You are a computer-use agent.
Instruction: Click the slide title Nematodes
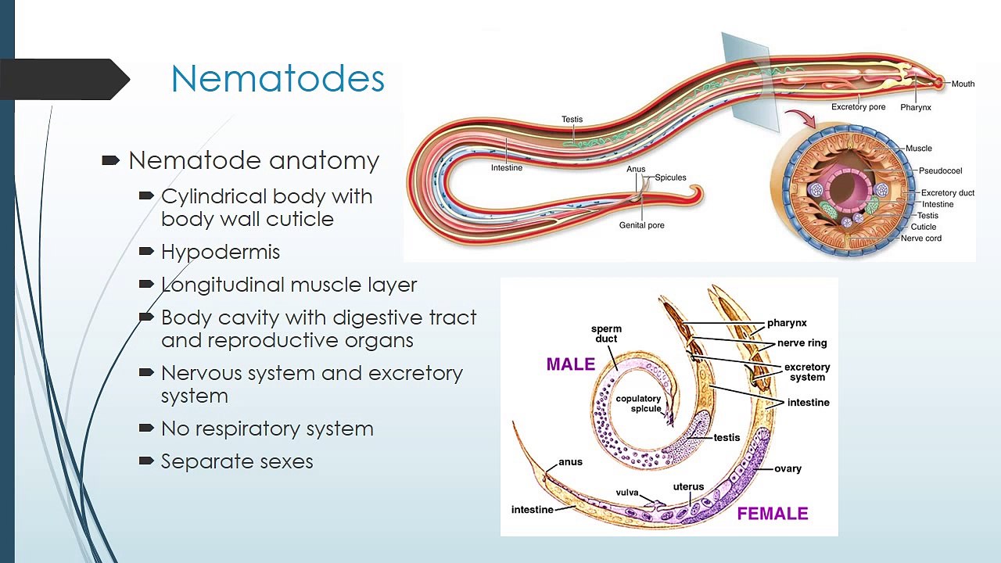[278, 78]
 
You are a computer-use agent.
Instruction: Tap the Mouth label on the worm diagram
[963, 84]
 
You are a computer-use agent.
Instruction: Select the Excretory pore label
[858, 107]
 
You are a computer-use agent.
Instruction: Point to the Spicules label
[670, 178]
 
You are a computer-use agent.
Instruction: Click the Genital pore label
[642, 225]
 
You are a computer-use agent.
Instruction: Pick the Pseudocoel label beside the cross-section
[940, 170]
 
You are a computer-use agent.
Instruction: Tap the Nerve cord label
[921, 238]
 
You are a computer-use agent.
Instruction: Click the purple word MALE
[571, 364]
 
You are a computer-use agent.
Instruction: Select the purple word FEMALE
[773, 514]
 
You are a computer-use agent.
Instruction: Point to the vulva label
[627, 493]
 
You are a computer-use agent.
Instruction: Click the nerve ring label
[802, 343]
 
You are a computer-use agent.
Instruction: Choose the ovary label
[788, 468]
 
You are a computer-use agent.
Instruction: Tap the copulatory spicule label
[638, 403]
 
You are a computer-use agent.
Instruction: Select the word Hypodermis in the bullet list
[221, 253]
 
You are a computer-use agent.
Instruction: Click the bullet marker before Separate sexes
[146, 461]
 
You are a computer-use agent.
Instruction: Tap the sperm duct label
[606, 334]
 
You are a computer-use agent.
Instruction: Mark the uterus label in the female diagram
[688, 486]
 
